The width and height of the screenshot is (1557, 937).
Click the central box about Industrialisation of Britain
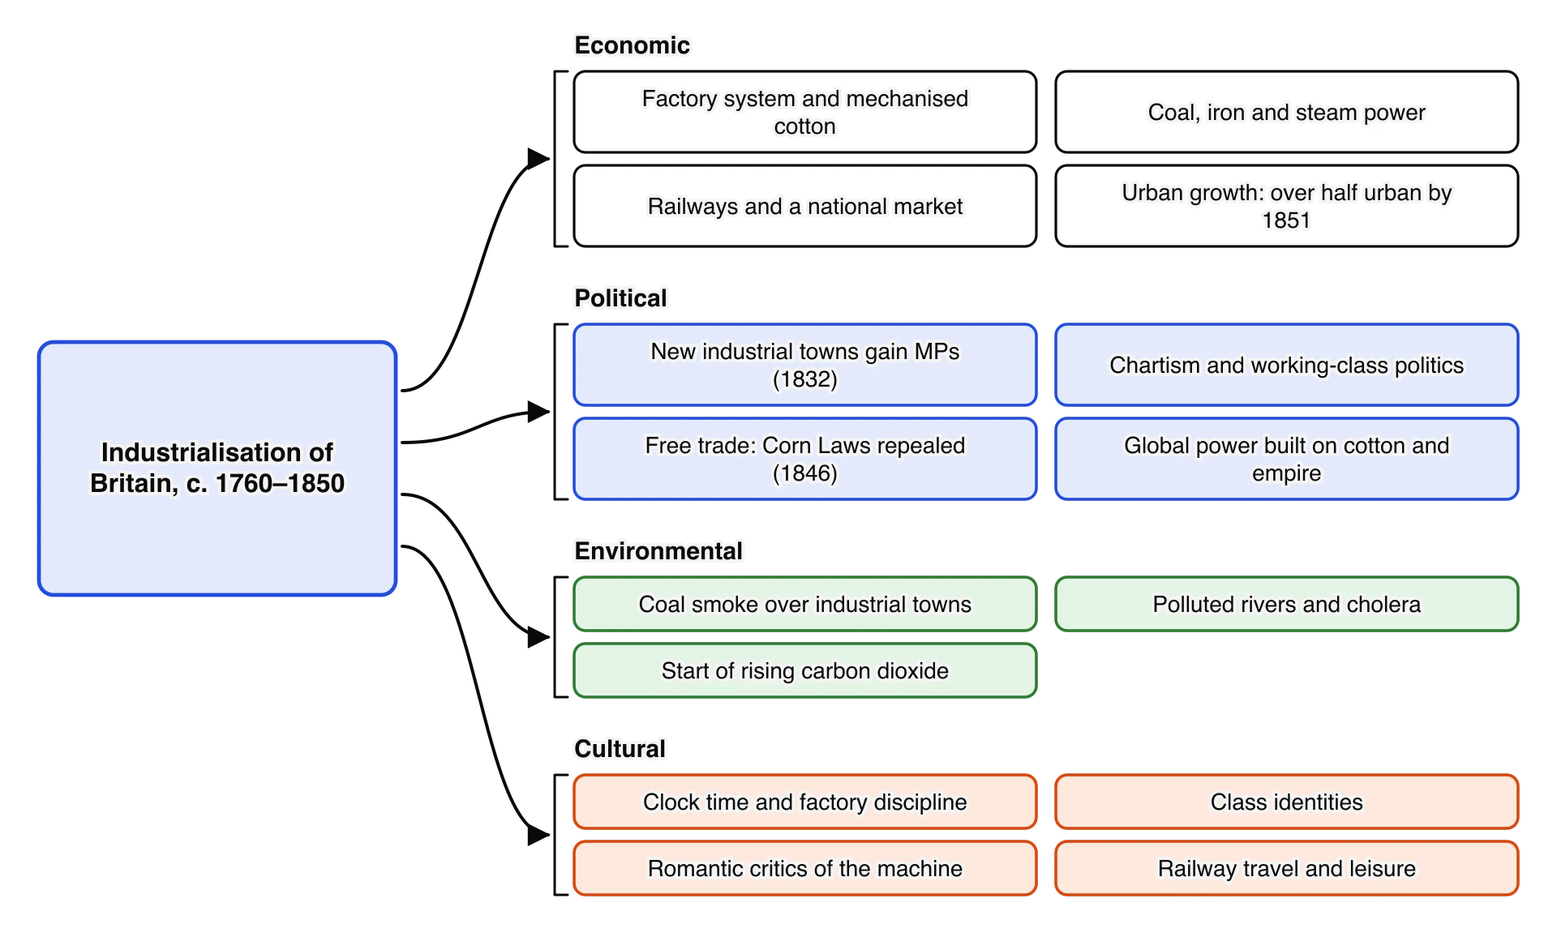217,468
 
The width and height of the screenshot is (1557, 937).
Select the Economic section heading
632,45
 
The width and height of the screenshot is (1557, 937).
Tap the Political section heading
620,298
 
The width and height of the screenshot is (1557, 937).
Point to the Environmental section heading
658,551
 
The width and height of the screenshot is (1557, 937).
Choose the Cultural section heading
620,749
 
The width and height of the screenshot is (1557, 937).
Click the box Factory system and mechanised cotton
804,112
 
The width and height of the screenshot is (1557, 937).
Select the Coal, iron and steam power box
1286,112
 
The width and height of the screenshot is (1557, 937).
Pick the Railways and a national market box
804,206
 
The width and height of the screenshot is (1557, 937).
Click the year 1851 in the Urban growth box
1286,220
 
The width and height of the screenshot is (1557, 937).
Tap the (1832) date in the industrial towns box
804,379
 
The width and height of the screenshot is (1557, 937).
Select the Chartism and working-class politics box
1286,365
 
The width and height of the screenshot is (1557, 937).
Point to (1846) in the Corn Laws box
804,473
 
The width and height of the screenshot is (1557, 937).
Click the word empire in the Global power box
1286,473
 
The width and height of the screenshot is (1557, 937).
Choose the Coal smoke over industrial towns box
804,604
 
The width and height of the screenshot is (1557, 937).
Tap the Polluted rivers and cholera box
1286,604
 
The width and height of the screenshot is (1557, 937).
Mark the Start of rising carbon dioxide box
804,670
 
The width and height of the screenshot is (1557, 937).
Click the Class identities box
1286,802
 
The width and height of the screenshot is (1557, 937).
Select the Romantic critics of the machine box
804,868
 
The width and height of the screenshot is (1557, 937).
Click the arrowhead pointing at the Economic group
538,158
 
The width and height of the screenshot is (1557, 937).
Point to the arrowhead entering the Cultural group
538,834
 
